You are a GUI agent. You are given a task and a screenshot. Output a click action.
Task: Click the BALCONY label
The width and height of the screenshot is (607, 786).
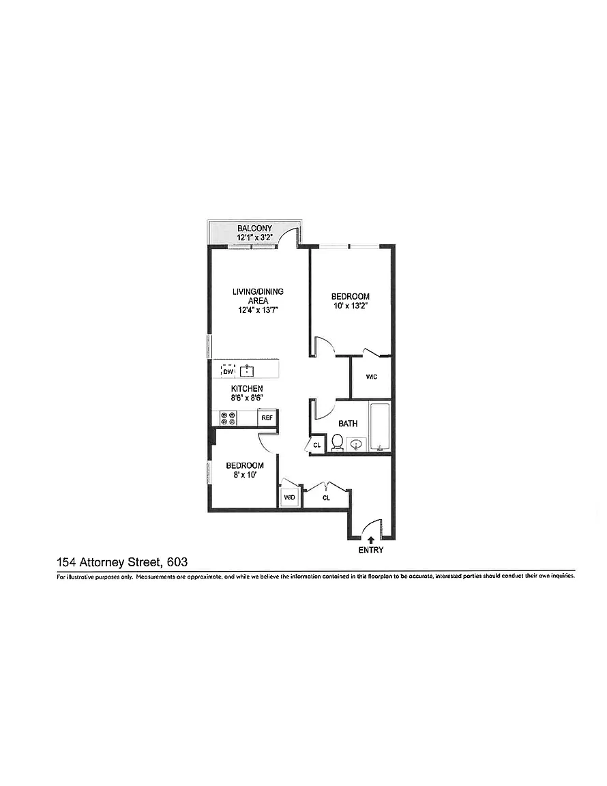254,229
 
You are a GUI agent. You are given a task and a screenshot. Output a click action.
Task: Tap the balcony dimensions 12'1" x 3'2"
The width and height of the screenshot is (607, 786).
254,237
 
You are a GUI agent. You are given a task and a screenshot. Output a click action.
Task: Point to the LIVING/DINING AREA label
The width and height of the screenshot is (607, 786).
258,296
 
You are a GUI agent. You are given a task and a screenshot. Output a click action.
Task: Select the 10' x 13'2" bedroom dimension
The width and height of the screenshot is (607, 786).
351,306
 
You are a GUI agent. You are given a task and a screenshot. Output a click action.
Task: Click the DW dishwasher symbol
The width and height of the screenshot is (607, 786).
228,371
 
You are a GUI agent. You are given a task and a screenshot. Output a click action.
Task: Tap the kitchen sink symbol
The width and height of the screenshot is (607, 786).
248,371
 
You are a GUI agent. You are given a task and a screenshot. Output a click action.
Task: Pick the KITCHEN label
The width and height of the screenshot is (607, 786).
247,388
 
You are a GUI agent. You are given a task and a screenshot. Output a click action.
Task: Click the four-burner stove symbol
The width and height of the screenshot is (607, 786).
228,418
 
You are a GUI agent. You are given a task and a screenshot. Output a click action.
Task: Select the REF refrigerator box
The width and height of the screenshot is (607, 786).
267,418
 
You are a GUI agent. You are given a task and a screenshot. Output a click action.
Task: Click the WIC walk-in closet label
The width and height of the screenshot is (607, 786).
372,377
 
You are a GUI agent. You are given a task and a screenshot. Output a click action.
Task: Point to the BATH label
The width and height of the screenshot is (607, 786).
348,424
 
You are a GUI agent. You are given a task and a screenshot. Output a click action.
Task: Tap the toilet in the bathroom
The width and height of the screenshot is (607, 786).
337,443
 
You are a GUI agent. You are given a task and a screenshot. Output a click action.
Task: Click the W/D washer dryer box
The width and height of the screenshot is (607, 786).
290,497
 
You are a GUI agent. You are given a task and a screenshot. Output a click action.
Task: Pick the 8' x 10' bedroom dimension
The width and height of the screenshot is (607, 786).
245,474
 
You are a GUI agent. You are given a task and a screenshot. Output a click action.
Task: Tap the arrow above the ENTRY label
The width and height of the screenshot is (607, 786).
371,540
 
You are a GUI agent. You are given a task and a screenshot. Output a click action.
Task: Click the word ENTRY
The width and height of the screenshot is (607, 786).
371,550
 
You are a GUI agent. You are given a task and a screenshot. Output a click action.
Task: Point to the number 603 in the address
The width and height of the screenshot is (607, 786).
177,562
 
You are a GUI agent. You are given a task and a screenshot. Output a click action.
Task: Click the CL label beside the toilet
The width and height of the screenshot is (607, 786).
316,445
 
